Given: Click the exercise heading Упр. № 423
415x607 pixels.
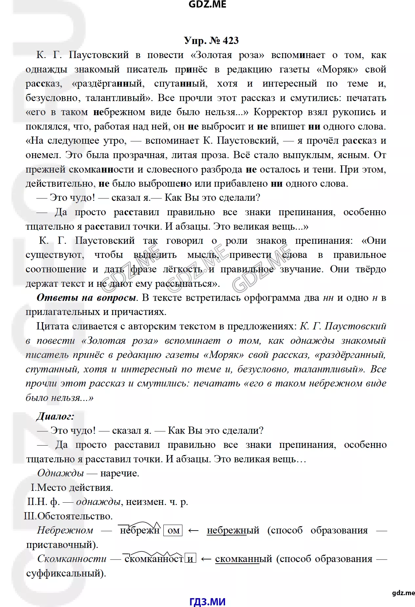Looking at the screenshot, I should (x=211, y=41).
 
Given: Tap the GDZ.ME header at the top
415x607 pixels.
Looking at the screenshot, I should (x=207, y=4).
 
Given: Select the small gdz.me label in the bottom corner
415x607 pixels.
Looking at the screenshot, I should (x=403, y=593).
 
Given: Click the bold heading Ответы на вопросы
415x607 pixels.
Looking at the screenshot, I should (x=86, y=298).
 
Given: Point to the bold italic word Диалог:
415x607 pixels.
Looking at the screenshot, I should (x=55, y=416).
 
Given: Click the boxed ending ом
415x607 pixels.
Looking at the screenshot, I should (x=173, y=531).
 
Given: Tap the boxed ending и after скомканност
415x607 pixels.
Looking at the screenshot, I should (x=191, y=559).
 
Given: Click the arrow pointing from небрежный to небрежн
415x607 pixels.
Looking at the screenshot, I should (x=194, y=531).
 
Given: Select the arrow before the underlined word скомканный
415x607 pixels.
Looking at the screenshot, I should (x=206, y=559).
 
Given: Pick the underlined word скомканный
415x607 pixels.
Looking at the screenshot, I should (x=243, y=559).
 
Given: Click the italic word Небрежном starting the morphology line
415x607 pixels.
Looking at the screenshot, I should (x=65, y=531).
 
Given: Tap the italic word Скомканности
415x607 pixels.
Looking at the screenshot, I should (x=72, y=559).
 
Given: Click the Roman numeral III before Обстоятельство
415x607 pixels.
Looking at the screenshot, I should (x=30, y=516).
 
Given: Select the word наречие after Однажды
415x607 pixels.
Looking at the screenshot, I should (x=119, y=473).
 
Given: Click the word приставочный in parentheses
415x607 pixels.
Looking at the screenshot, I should (x=61, y=545).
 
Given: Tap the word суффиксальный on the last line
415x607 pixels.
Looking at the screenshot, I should (x=65, y=573).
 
